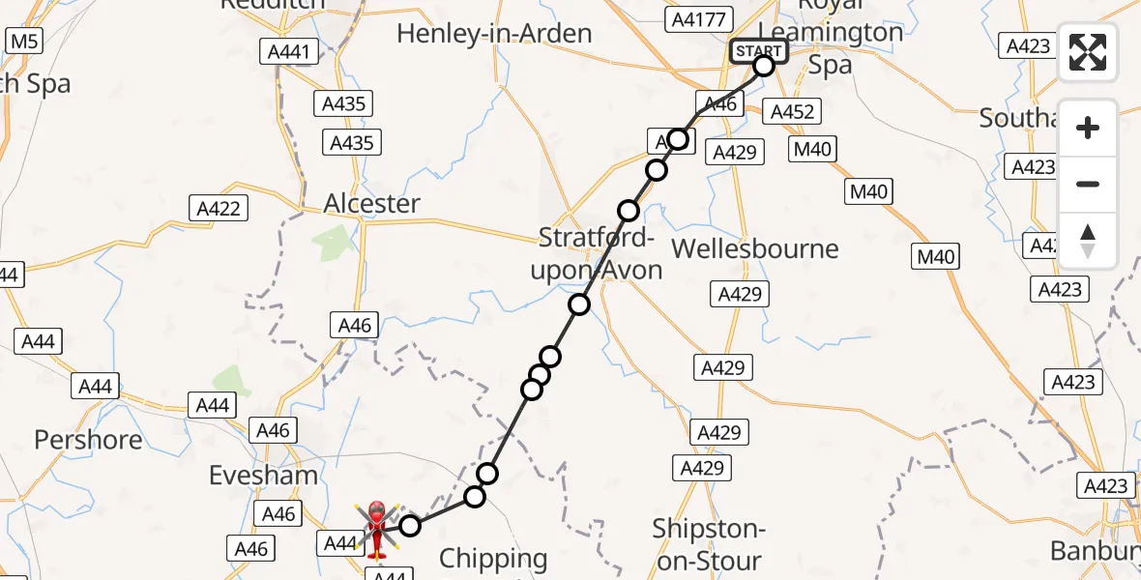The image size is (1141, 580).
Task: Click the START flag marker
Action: pos(759,51)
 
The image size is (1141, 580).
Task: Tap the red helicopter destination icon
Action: pos(376,529)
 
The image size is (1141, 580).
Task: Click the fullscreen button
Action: pos(1088,51)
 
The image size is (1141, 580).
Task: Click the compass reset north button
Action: pos(1088,241)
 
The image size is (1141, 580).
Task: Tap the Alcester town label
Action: pos(372,204)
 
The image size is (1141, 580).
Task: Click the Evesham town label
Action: pos(264,475)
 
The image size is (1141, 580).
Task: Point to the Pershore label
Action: pos(88,440)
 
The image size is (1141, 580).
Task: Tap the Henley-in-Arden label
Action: pos(494,34)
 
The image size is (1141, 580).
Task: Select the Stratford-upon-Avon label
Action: pos(597,254)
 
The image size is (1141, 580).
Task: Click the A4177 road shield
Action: pos(700,18)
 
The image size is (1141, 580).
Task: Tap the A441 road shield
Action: pos(289,51)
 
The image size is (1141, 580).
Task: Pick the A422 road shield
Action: pos(219,208)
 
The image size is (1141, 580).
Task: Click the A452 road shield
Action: pos(791,112)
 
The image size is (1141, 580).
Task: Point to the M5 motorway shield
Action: pos(23,41)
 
